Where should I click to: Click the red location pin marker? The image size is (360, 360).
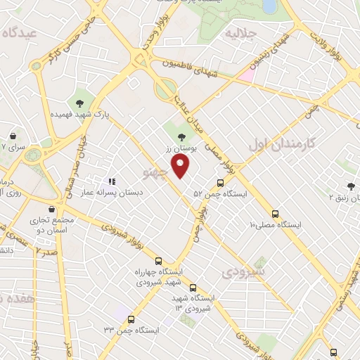182,167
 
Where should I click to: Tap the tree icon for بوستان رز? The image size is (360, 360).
183,137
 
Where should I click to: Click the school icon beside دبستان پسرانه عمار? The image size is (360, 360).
112,181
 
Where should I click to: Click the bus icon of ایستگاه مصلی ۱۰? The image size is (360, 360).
275,214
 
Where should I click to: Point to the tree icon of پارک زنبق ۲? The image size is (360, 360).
350,186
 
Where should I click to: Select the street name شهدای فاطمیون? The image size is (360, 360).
190,70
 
